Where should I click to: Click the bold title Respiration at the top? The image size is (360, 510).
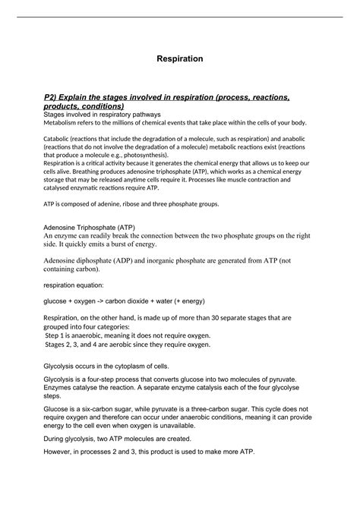click(180, 58)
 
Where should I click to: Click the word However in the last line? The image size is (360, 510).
click(62, 453)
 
